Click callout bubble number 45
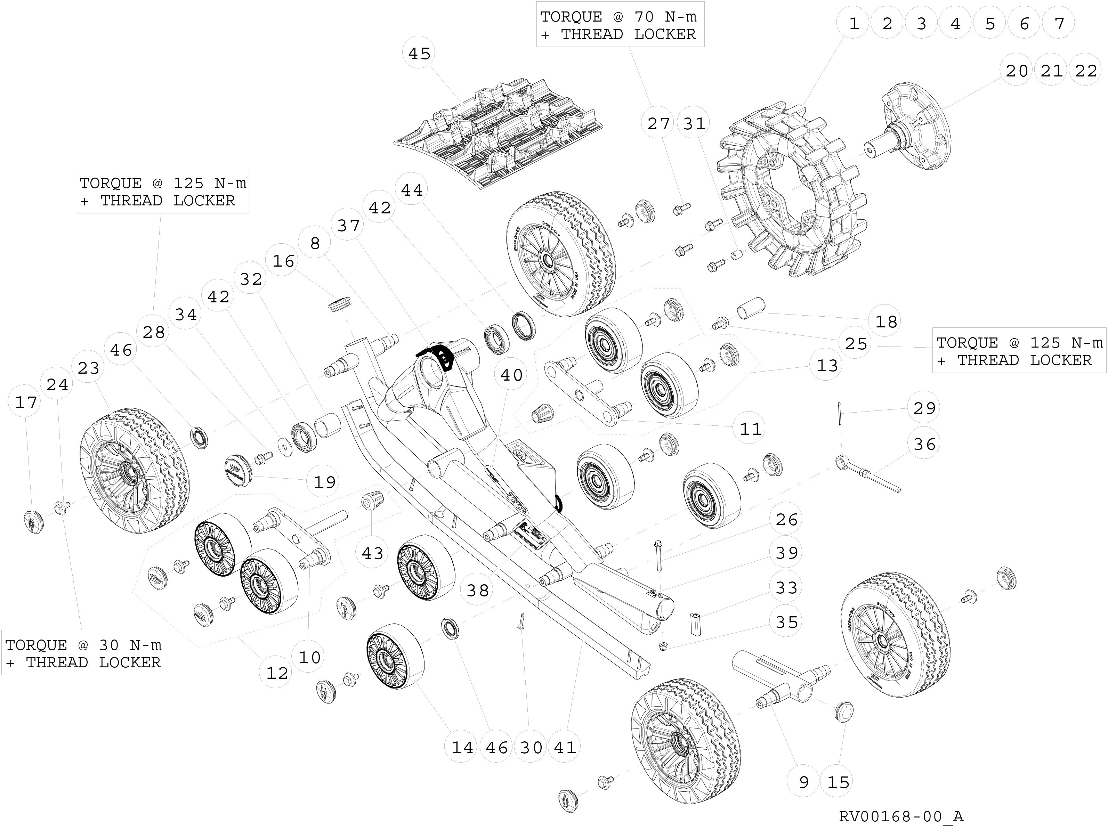pos(419,53)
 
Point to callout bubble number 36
pos(924,444)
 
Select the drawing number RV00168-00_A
pos(901,816)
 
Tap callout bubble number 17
pos(26,402)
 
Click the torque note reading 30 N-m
pos(84,654)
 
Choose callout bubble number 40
pos(511,375)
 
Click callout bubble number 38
pos(477,590)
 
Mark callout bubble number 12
pos(277,673)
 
